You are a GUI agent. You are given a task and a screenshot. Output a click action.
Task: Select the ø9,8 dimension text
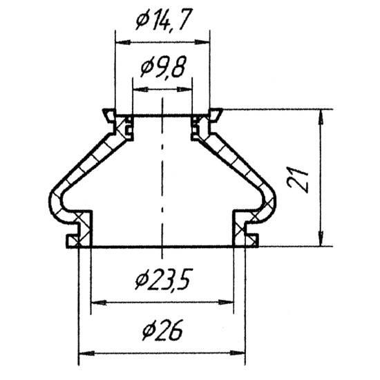point(163,66)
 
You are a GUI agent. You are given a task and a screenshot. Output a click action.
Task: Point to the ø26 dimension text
point(162,330)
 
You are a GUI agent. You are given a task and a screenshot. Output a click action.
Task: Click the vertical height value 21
point(297,179)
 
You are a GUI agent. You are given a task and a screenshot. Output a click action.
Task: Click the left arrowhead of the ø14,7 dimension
point(123,42)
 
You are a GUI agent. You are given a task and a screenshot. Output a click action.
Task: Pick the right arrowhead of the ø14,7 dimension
point(202,42)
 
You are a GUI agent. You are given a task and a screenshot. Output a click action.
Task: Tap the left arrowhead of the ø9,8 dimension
point(140,90)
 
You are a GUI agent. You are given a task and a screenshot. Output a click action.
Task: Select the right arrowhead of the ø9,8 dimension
point(184,90)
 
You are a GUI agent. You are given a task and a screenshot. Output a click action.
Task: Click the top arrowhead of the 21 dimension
point(321,117)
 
